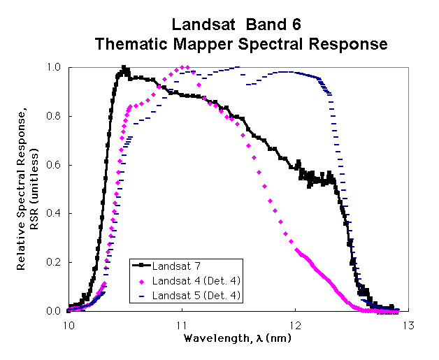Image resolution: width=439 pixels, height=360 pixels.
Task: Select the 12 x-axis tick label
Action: (295, 325)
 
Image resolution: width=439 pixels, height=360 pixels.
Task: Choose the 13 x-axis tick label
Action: (408, 325)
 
